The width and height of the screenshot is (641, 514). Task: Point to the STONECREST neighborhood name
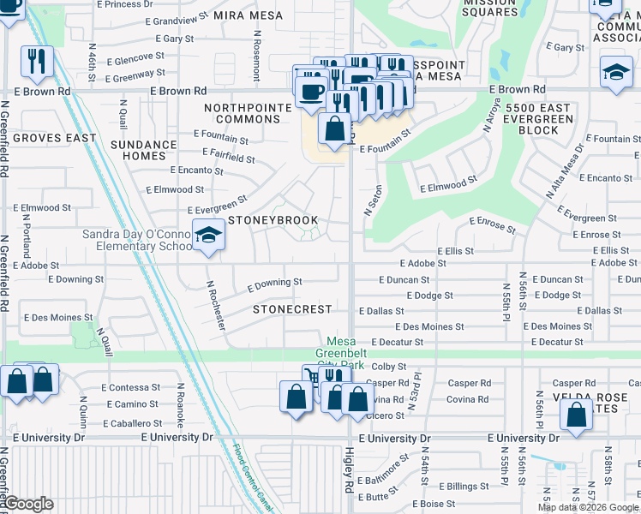coord(291,308)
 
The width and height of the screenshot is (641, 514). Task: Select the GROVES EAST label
coord(55,138)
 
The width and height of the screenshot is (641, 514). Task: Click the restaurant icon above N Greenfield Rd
coord(36,59)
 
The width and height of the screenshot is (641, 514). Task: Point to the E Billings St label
coord(467,487)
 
